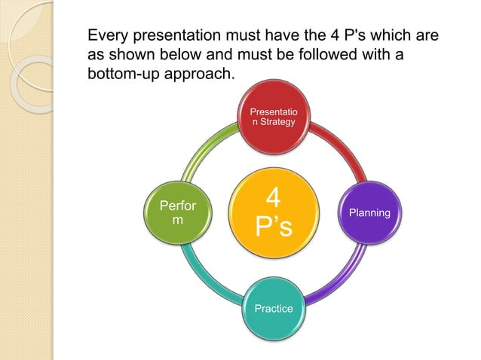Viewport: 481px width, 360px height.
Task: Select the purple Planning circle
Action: (369, 212)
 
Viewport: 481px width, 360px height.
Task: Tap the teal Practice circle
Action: (273, 308)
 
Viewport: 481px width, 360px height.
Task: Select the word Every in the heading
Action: (108, 36)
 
